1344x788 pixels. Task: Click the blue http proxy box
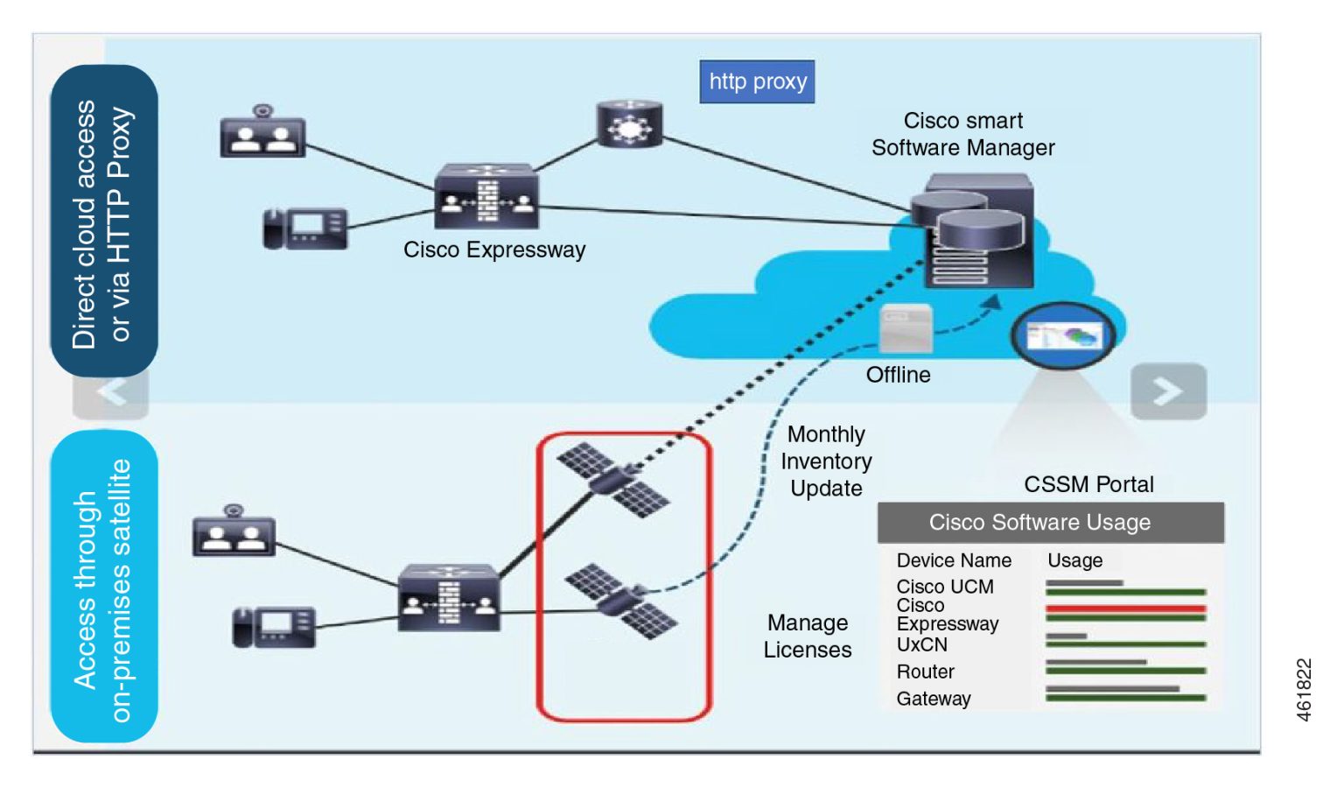[x=756, y=81]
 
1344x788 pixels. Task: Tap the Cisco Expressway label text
[x=494, y=250]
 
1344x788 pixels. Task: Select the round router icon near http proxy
[x=629, y=123]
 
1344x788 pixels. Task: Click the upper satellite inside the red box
[x=613, y=479]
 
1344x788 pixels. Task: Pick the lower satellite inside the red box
[x=620, y=601]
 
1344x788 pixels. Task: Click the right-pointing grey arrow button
[x=1168, y=391]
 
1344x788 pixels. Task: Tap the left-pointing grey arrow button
[x=111, y=392]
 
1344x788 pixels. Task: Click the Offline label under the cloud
[x=898, y=375]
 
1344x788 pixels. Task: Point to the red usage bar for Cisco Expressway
[x=1125, y=609]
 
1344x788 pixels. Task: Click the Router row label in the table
[x=925, y=672]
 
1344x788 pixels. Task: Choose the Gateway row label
[x=933, y=699]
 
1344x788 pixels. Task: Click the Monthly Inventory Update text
[x=826, y=461]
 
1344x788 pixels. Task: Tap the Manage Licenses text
[x=807, y=637]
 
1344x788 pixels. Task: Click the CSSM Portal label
[x=1088, y=484]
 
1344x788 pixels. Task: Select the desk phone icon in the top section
[x=305, y=229]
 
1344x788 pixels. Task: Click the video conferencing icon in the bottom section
[x=234, y=532]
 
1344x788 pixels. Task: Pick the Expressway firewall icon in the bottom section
[x=449, y=598]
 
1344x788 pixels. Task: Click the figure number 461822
[x=1304, y=690]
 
